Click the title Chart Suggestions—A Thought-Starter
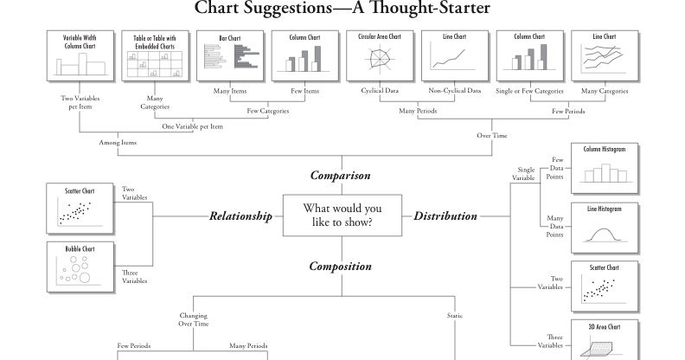tap(342, 10)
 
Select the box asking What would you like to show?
tap(342, 215)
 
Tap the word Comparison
tap(341, 176)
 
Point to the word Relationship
tap(240, 216)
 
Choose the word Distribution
tap(445, 216)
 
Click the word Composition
tap(341, 267)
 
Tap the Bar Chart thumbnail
tap(229, 55)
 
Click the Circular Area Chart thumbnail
tap(379, 55)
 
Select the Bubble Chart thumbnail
tap(80, 267)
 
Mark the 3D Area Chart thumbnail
tap(604, 339)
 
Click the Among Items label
tap(118, 143)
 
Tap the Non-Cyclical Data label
tap(454, 91)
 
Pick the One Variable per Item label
tap(192, 126)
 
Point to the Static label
tap(455, 316)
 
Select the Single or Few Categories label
tap(529, 91)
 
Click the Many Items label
tap(229, 91)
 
